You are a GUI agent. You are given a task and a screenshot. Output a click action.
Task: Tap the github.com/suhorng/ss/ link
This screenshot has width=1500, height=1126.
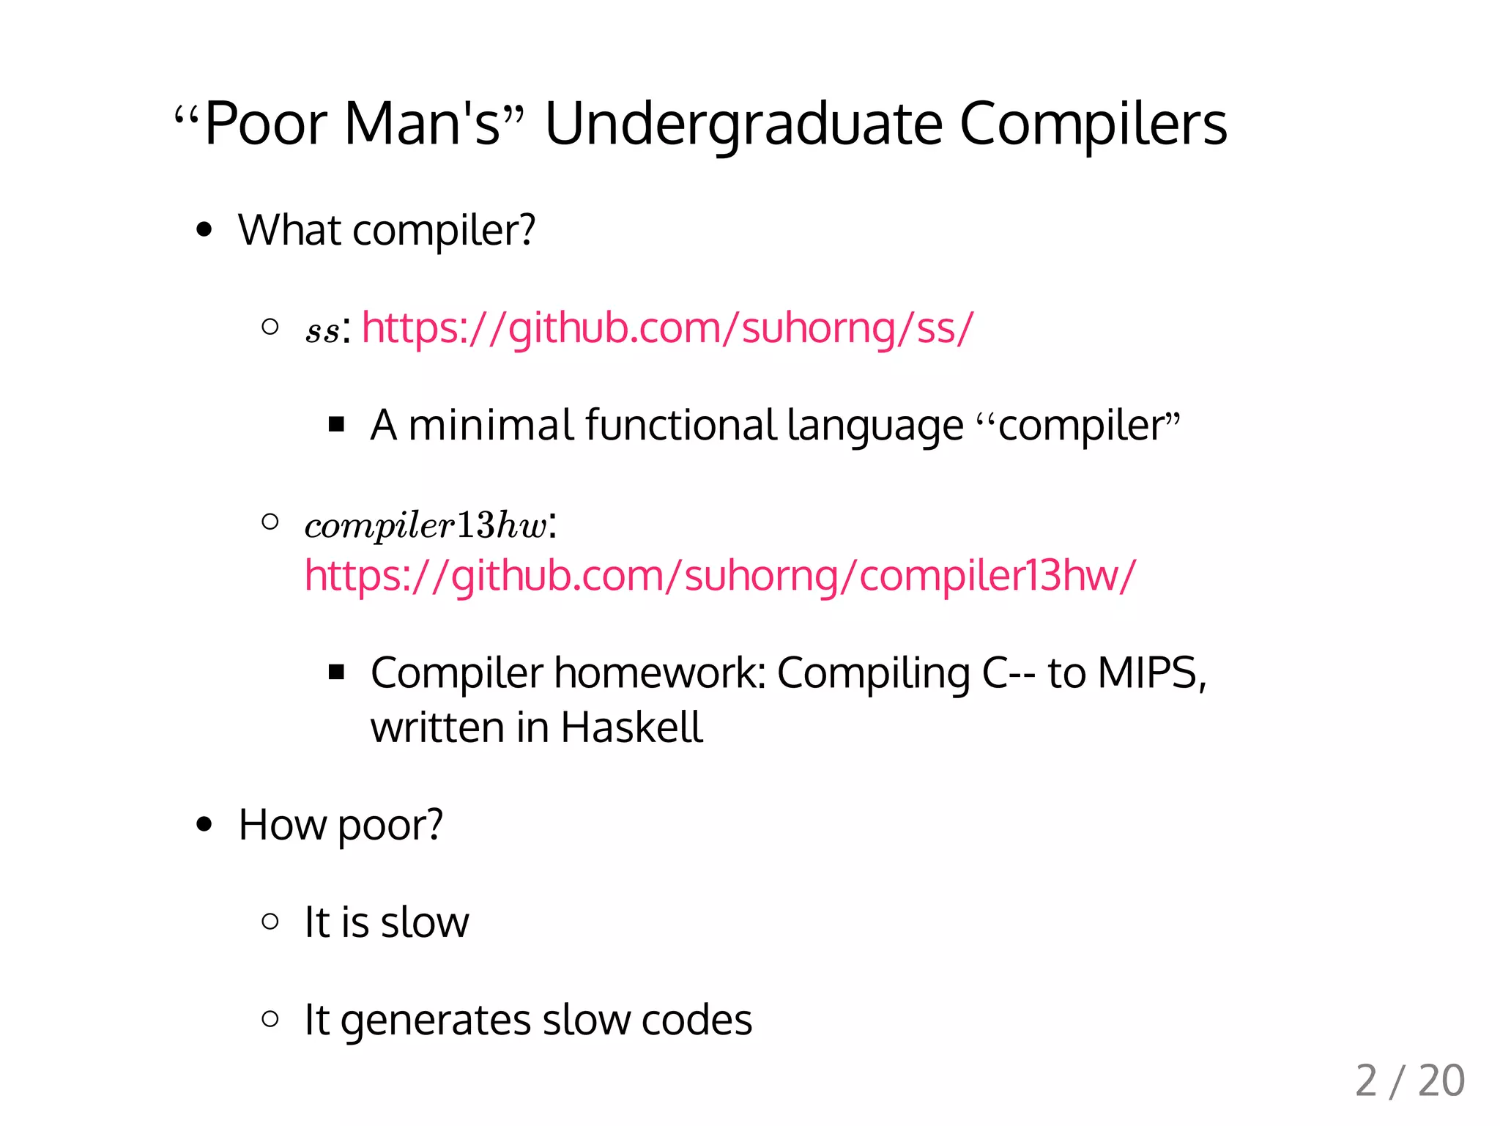[667, 327]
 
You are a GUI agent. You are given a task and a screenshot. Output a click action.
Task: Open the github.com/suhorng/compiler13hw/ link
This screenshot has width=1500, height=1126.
[720, 576]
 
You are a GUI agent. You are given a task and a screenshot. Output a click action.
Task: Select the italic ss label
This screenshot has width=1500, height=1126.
[322, 331]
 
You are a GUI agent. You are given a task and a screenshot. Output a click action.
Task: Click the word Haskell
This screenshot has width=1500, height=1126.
[631, 727]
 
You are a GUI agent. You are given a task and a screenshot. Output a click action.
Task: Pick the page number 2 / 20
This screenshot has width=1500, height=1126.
[1409, 1081]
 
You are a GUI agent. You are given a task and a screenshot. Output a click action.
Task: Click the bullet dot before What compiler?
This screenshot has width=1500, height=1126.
[204, 230]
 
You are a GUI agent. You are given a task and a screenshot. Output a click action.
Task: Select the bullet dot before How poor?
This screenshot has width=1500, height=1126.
[204, 825]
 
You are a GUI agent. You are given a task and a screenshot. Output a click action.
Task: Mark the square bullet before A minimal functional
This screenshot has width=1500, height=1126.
[337, 424]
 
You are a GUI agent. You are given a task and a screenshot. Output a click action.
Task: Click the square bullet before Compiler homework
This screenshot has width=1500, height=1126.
[337, 672]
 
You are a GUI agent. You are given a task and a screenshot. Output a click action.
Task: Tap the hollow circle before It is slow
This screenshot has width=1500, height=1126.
[270, 921]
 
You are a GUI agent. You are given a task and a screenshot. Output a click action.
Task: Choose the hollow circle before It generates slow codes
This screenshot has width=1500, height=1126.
[270, 1018]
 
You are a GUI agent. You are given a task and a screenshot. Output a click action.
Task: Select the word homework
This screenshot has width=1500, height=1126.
[659, 673]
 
